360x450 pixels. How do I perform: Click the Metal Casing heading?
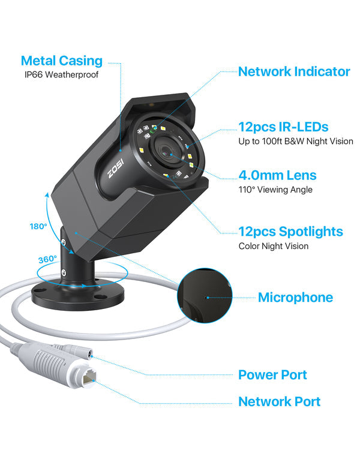point(62,61)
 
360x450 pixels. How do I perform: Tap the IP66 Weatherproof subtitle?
point(62,75)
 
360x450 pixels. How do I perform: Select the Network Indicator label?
point(294,71)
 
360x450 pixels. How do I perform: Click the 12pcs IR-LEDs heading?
point(283,127)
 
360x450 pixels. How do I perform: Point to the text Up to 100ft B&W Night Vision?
point(296,142)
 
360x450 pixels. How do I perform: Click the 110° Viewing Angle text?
point(277,190)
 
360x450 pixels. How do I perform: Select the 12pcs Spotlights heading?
point(291,231)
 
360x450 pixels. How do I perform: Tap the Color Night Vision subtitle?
point(274,246)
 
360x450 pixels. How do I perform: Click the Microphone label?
point(295,297)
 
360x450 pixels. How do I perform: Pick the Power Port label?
point(272,374)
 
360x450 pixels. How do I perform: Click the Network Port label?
point(280,401)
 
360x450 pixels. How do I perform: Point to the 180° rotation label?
point(38,227)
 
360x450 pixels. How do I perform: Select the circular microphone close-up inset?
point(205,296)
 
